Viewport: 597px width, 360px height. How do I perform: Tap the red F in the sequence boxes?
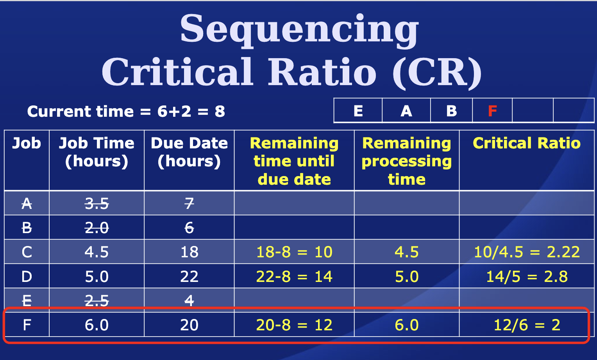[492, 111]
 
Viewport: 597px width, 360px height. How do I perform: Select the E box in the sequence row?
[358, 110]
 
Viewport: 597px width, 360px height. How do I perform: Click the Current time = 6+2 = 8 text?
[126, 111]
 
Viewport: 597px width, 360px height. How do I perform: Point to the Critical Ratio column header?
[527, 143]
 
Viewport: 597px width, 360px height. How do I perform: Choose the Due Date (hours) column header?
[189, 152]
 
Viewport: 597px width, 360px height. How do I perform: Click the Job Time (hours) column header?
[97, 152]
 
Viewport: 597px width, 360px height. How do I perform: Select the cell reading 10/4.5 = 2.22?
[527, 252]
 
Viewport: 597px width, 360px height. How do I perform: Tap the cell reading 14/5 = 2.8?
[527, 276]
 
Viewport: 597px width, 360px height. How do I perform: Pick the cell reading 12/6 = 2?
[527, 325]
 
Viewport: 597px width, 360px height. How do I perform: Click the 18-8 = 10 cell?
[294, 252]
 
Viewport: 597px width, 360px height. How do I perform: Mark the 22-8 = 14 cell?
[294, 276]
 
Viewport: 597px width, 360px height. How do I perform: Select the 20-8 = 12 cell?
[294, 325]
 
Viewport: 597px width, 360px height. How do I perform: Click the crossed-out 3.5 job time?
[97, 204]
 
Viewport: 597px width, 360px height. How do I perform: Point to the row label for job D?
[27, 276]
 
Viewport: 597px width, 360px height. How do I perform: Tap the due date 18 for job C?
[189, 252]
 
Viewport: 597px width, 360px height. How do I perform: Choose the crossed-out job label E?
[27, 301]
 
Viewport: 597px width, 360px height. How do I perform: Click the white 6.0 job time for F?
[97, 325]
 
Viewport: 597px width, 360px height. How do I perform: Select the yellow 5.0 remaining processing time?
[407, 276]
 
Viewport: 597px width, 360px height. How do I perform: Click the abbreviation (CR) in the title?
[437, 72]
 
